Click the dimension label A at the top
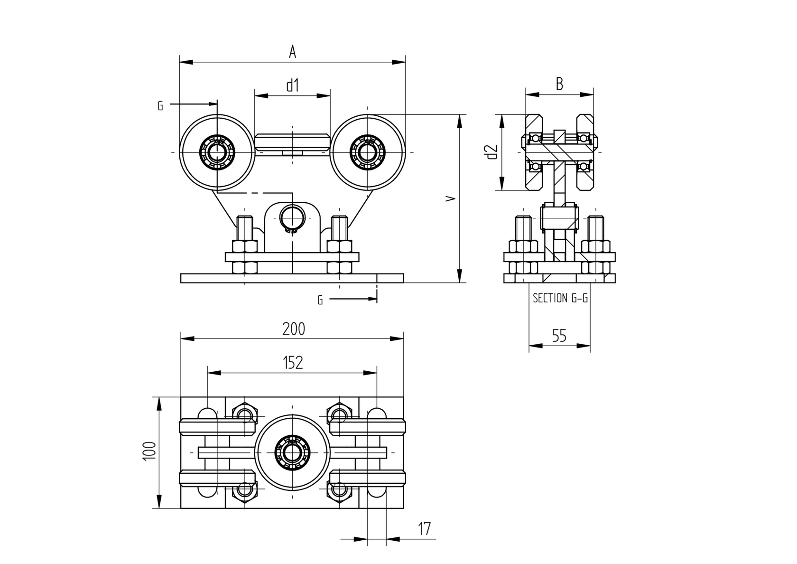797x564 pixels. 293,52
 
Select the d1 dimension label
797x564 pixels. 293,85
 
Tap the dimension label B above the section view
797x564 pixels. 559,84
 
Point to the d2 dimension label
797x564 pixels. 491,152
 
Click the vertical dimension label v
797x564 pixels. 452,198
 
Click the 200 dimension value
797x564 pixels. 294,329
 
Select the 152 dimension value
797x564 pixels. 293,363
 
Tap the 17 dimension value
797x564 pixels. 425,529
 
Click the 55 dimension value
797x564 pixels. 559,336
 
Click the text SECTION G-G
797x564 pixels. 560,298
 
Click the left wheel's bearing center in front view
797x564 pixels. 217,152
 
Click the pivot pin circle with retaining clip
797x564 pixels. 293,218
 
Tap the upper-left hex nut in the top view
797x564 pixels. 245,414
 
